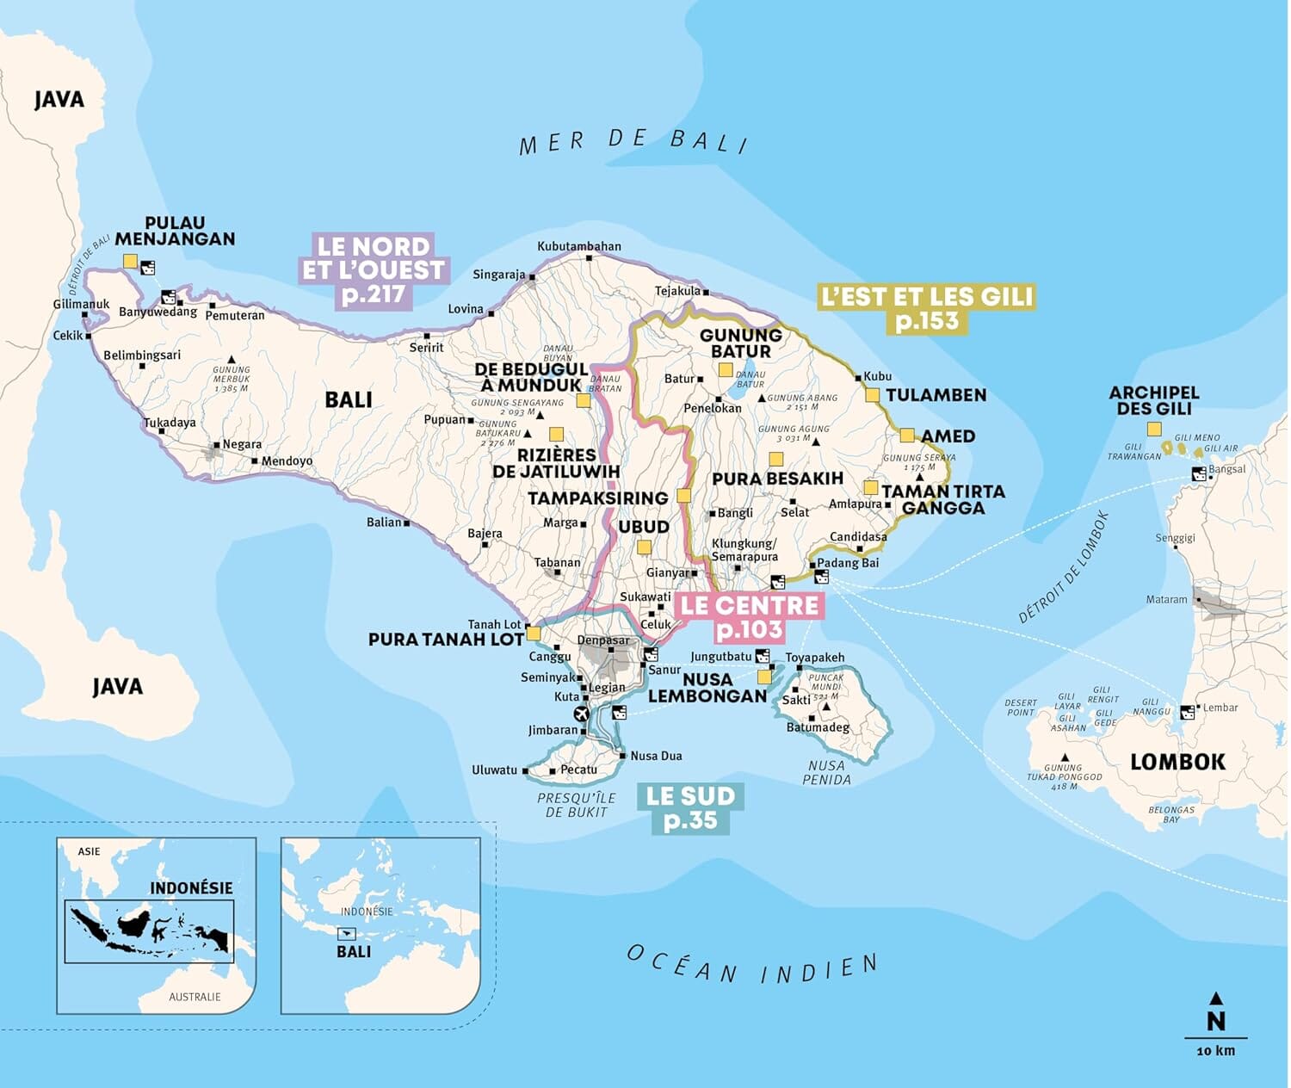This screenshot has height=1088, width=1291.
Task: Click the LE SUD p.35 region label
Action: point(690,807)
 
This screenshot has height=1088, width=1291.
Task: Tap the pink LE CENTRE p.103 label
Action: point(749,617)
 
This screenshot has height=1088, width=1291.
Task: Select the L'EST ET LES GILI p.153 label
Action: point(926,308)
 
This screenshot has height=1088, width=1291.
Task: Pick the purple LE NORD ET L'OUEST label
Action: point(373,270)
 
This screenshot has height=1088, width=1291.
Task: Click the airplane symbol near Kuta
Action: point(581,714)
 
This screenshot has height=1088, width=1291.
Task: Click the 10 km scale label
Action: point(1215,1051)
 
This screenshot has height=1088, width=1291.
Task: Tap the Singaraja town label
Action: point(498,275)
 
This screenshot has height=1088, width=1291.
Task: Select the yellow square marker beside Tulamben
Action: point(872,395)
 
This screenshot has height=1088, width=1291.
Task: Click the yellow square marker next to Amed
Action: point(906,436)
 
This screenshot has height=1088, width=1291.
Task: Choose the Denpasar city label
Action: point(603,640)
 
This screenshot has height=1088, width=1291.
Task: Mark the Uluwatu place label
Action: point(494,770)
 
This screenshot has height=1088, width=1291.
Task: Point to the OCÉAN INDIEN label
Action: point(752,967)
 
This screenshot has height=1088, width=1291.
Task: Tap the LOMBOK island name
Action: point(1177,762)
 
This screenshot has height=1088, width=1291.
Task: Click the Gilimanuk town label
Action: point(81,304)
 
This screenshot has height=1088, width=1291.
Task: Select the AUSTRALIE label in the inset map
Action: point(195,997)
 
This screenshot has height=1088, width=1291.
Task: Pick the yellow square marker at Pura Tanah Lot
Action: point(534,634)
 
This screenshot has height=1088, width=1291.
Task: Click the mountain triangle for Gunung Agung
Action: point(816,442)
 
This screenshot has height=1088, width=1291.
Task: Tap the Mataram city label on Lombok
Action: point(1166,599)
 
